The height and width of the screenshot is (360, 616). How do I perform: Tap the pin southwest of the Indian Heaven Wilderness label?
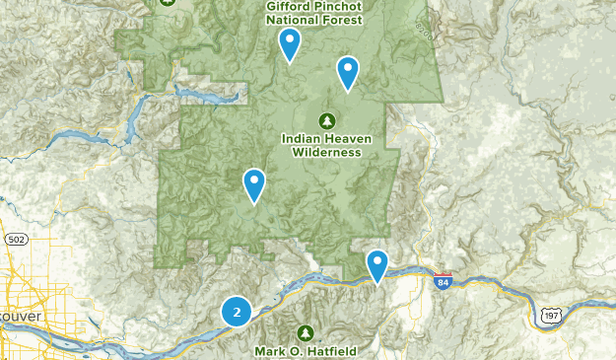coord(254,184)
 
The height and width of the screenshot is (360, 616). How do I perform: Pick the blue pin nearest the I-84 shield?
coord(377,265)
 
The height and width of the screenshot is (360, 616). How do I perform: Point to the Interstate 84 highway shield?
coord(443,282)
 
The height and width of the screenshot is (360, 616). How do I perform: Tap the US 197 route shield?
coord(550,315)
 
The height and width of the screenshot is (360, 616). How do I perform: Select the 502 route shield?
coord(15,240)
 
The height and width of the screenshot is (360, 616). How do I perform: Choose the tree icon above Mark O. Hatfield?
coord(306,332)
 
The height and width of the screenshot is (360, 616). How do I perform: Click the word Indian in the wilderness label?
coord(299,139)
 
